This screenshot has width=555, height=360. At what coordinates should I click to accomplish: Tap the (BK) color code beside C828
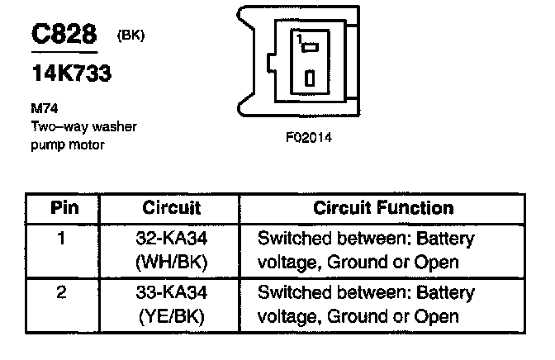pos(132,36)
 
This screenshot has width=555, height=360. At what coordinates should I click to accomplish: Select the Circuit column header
pos(173,208)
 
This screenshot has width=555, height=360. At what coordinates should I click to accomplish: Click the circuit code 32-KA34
pos(173,240)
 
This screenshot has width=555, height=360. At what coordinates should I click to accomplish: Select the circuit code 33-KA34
pos(173,293)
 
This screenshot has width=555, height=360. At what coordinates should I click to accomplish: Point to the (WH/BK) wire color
pos(173,263)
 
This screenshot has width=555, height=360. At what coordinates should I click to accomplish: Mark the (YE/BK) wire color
pos(173,316)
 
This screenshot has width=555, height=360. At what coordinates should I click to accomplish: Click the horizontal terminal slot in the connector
pos(311,48)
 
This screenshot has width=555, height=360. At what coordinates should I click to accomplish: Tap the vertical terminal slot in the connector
pos(310,79)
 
